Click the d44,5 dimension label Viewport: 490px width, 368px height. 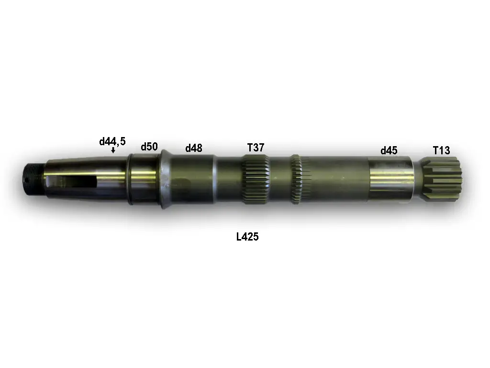(x=112, y=141)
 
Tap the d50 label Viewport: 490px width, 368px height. (x=149, y=147)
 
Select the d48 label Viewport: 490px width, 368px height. (x=194, y=148)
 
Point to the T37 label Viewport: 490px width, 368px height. (x=256, y=147)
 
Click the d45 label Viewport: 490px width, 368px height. (x=389, y=150)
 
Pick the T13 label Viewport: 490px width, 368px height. (x=441, y=150)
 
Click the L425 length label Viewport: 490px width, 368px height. (x=247, y=237)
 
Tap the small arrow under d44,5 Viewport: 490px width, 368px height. (x=113, y=150)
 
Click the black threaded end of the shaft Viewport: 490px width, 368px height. (x=34, y=179)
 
